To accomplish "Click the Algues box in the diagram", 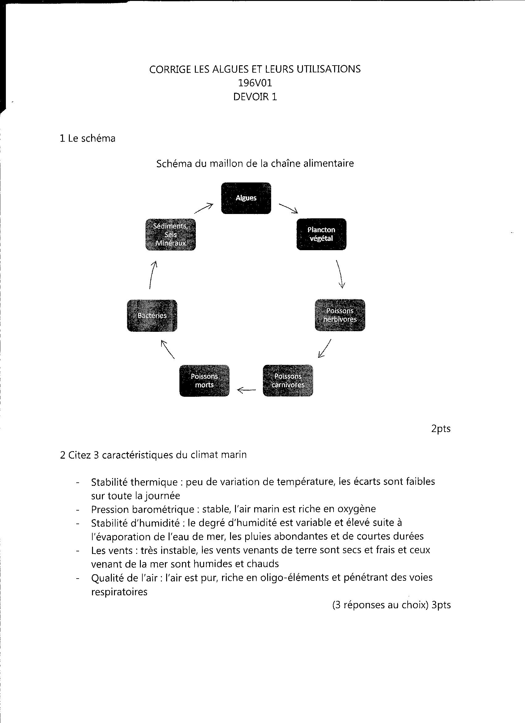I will click(x=246, y=198).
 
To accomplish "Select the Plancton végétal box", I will click(x=321, y=234).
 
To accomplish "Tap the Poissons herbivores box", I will click(x=340, y=315).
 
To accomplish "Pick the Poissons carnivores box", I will click(x=288, y=380).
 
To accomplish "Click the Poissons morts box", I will click(x=204, y=380).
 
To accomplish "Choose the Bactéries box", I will click(x=152, y=315).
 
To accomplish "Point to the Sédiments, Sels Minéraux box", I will click(x=170, y=234).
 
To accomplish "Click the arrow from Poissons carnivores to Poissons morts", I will click(x=246, y=389).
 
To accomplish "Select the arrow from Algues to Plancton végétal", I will click(x=288, y=208).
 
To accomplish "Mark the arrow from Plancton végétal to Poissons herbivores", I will click(x=340, y=274).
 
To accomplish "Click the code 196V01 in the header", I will click(x=255, y=83).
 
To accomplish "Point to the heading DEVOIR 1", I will click(x=255, y=96).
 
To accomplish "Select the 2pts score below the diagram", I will click(x=441, y=428).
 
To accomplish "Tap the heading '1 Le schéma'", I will click(x=88, y=138).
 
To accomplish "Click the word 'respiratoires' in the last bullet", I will click(x=119, y=592).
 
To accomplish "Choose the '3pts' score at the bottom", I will click(x=441, y=605).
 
